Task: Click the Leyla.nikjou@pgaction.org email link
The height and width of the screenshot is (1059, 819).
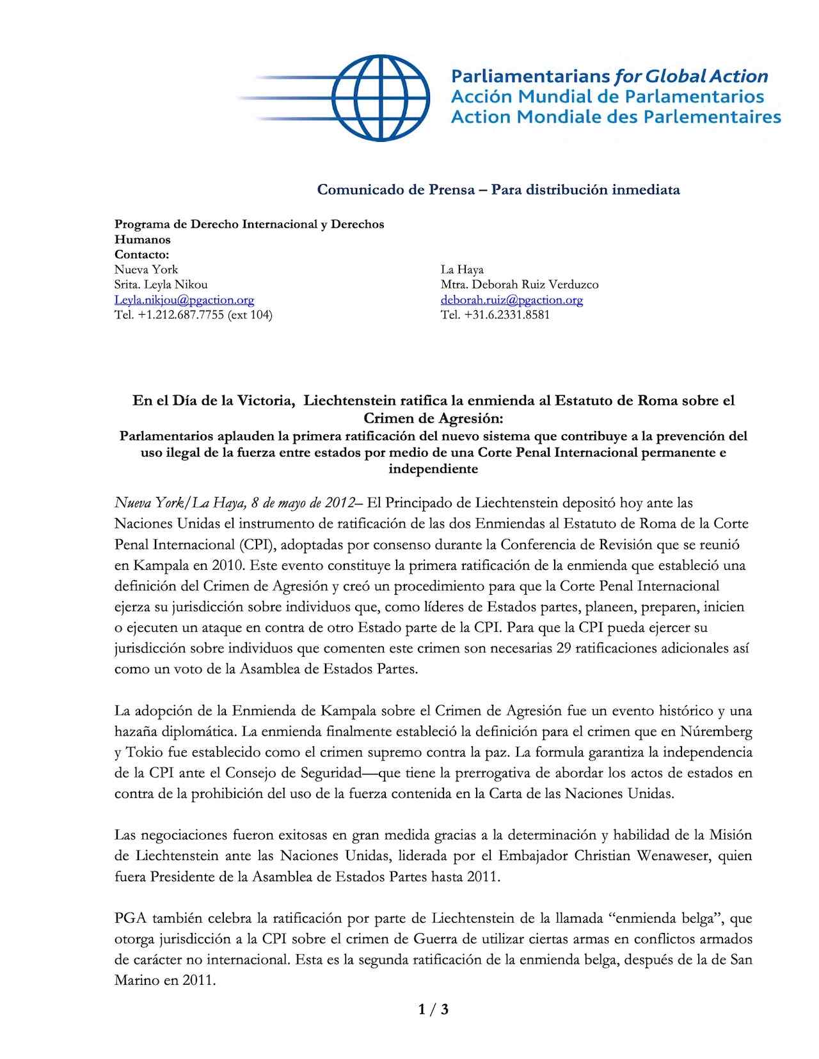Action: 184,300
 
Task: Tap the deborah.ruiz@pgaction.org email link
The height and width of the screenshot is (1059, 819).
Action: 511,300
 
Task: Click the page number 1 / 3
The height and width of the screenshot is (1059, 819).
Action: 433,1010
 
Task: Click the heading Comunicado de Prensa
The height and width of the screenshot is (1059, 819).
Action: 396,189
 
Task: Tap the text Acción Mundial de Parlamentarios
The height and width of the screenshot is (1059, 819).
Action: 607,97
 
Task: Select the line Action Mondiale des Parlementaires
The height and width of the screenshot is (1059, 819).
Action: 616,117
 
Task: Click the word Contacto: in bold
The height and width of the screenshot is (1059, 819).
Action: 142,255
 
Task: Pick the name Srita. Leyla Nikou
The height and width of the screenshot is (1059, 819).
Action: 161,285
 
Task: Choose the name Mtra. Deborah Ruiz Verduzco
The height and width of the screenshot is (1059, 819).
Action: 519,285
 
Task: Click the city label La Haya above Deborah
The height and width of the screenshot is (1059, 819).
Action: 462,269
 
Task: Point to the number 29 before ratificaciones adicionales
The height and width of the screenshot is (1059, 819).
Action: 563,648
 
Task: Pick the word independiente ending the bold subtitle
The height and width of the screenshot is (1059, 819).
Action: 433,469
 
